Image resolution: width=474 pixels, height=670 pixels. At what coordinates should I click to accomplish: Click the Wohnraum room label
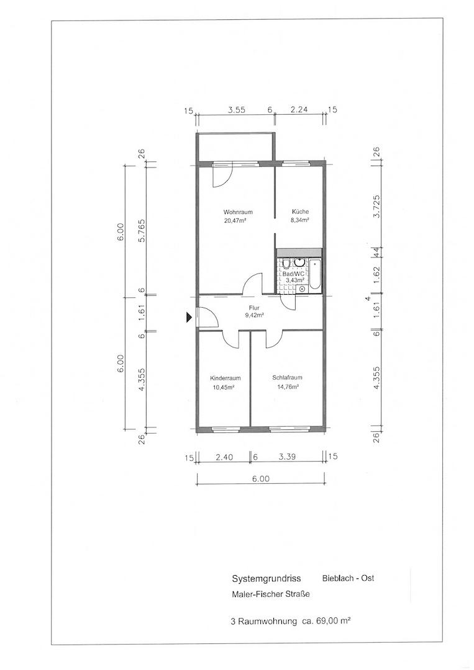[x=238, y=212]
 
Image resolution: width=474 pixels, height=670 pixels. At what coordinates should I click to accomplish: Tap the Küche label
[x=300, y=212]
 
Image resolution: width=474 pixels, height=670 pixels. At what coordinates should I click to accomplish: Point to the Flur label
[x=255, y=307]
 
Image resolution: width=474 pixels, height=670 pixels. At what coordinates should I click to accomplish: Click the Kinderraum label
[x=225, y=378]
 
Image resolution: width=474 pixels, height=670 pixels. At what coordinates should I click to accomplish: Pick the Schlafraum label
[x=287, y=378]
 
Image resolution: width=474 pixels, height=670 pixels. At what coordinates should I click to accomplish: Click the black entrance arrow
[x=189, y=317]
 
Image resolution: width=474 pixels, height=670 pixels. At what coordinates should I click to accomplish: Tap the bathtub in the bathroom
[x=314, y=275]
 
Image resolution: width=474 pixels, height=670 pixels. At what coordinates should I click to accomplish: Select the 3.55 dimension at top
[x=236, y=110]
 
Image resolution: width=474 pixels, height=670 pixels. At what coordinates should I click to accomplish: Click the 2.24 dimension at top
[x=299, y=110]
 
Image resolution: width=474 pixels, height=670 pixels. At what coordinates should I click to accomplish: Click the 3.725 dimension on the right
[x=376, y=207]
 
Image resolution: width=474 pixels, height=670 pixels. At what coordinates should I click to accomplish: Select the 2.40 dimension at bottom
[x=224, y=457]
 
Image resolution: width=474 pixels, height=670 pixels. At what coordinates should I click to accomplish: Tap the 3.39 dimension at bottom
[x=287, y=457]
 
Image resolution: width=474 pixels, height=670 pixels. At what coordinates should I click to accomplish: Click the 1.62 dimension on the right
[x=376, y=275]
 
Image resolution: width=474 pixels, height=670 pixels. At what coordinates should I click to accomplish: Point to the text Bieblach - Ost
[x=348, y=578]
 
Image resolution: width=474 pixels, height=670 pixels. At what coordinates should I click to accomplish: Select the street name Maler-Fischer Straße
[x=270, y=594]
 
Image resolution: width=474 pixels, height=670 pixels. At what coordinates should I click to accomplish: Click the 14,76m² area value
[x=288, y=388]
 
